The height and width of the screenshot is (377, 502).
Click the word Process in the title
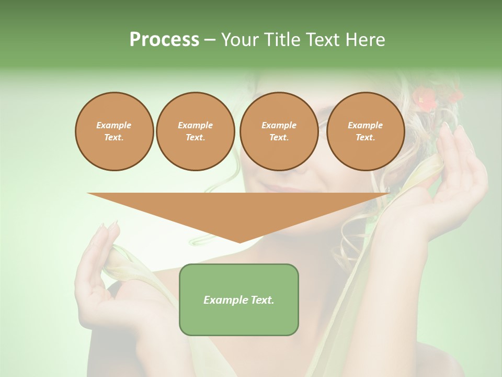tap(164, 40)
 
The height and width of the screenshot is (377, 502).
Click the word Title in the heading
tap(281, 40)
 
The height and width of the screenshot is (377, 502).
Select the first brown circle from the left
tap(114, 131)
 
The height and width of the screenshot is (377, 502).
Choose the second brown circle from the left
tap(195, 131)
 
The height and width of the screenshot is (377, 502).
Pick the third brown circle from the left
tap(279, 131)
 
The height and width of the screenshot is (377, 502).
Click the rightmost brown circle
tap(365, 131)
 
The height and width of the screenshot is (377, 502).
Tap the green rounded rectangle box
tap(239, 300)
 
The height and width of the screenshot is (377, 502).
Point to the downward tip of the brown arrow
tap(239, 242)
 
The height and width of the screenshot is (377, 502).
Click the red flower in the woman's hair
tap(426, 99)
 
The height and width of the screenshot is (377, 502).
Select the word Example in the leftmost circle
tap(114, 125)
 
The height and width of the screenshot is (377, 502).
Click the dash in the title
tap(210, 40)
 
